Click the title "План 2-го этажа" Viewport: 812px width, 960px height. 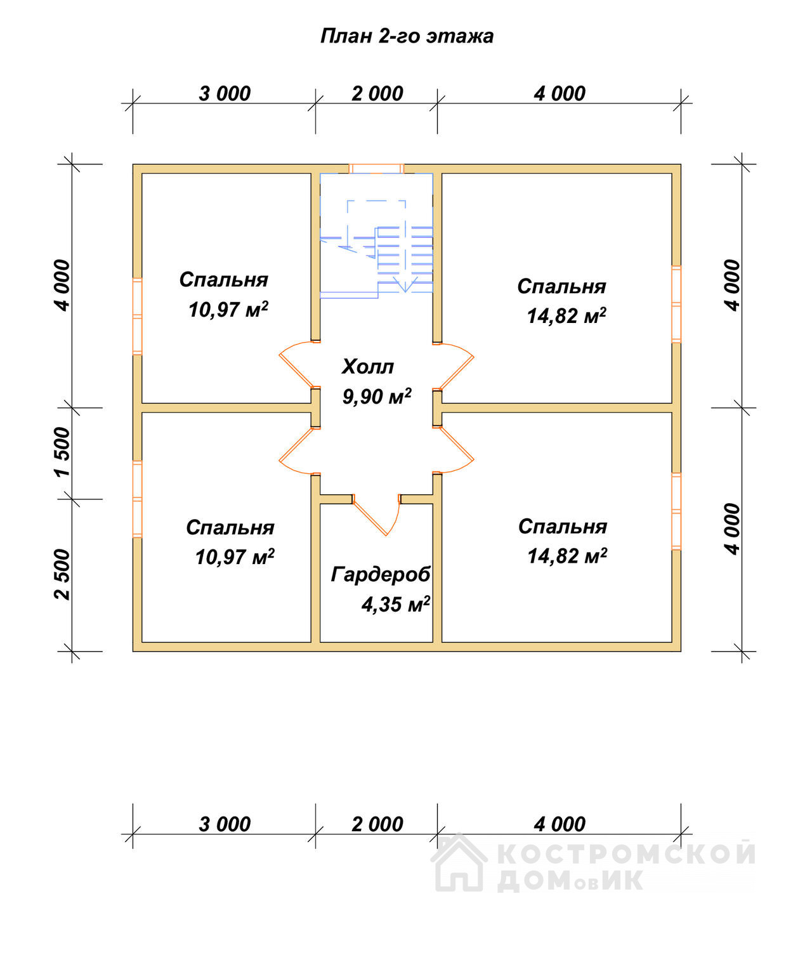point(407,36)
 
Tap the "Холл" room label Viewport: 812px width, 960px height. point(368,367)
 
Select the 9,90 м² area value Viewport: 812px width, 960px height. point(377,396)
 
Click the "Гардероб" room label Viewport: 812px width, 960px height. point(381,575)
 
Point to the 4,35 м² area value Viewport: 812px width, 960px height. point(396,604)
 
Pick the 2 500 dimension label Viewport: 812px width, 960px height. point(62,575)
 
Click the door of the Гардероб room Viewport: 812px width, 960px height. point(377,515)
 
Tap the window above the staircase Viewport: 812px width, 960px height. point(376,168)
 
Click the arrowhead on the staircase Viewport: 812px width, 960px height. point(405,284)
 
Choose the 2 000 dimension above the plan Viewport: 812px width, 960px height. point(377,94)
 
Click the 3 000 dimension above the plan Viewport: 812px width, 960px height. point(225,94)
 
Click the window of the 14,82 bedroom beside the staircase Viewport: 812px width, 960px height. point(676,304)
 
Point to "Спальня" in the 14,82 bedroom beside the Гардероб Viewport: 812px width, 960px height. point(563,527)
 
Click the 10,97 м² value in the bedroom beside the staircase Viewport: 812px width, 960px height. point(228,309)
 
